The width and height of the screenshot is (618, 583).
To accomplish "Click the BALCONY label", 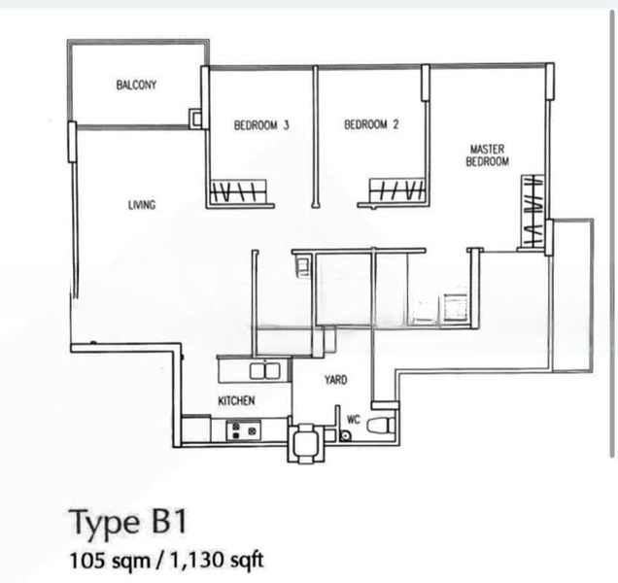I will point(136,86).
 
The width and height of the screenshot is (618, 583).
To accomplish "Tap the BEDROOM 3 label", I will point(261,124).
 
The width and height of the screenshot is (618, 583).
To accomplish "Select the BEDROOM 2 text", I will point(371,124).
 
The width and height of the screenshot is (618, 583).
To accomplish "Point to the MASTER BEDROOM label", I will point(487,155).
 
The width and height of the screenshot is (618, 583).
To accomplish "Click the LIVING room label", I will point(142,205).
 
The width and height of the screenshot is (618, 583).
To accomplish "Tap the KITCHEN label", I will point(236,400).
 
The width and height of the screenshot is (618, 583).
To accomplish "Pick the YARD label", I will point(335,380).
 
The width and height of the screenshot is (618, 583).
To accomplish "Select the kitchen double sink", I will point(263,370).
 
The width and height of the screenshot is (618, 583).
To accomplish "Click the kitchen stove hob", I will point(242,431).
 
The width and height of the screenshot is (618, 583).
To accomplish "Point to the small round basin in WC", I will point(345,436).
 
